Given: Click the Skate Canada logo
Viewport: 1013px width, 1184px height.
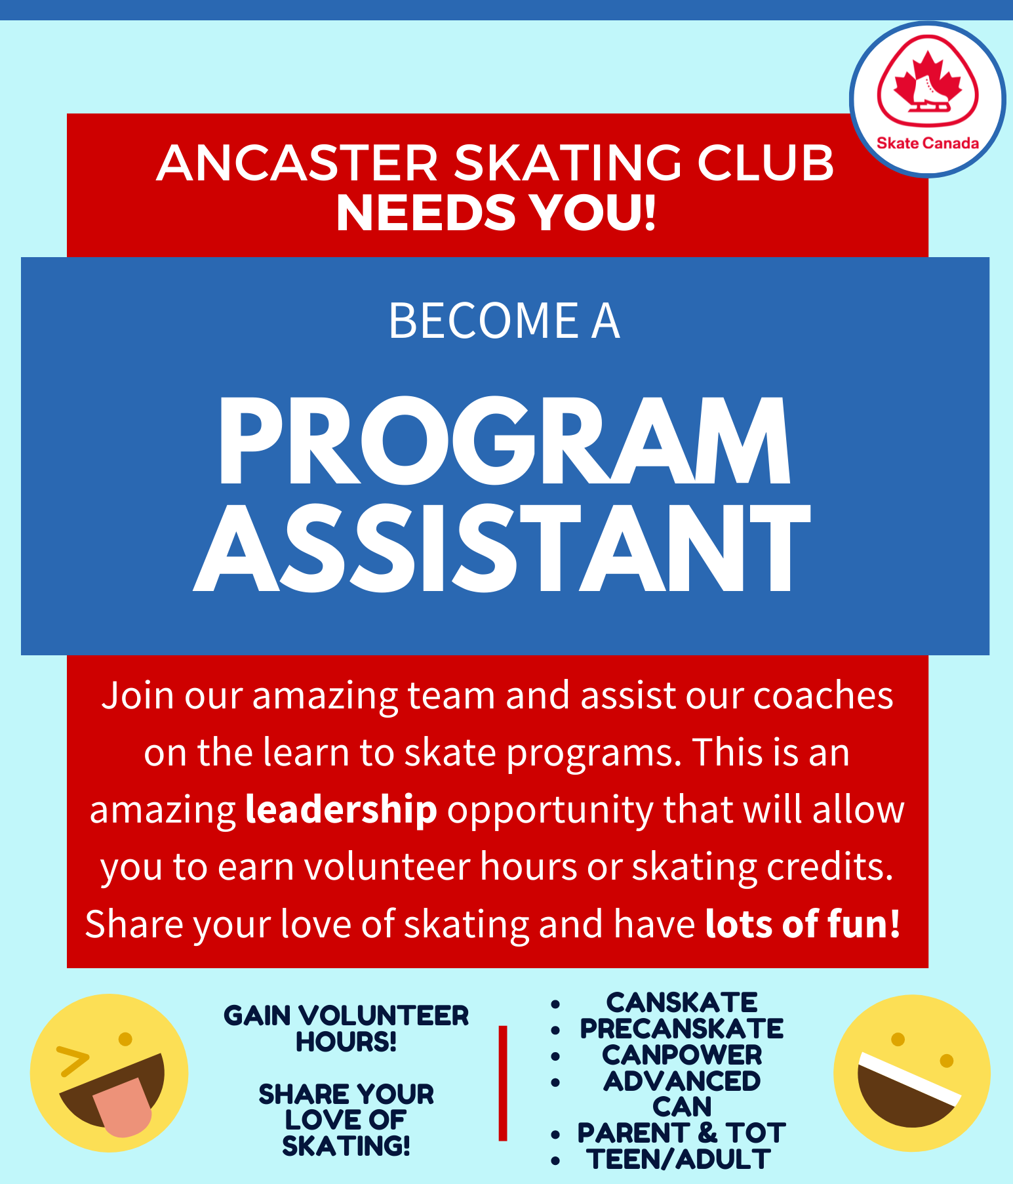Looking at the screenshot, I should (x=927, y=100).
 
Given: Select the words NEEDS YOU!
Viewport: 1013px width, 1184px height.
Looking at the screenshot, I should (x=496, y=213).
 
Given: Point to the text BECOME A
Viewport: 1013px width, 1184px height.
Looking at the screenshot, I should (x=504, y=321).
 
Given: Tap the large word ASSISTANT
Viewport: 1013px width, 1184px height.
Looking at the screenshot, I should (x=502, y=549).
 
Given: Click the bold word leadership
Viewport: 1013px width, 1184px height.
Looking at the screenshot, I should (x=341, y=809).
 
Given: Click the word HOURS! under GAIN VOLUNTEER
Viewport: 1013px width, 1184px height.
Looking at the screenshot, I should (x=346, y=1042).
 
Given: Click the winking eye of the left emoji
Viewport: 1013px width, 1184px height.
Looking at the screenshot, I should (x=73, y=1061).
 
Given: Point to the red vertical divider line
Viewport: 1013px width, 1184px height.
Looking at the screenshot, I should (x=503, y=1083).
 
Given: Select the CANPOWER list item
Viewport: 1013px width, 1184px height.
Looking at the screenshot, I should (x=682, y=1055).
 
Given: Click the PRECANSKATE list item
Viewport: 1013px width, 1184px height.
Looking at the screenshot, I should (x=682, y=1029).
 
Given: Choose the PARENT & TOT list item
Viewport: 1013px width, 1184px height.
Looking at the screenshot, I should (x=682, y=1133).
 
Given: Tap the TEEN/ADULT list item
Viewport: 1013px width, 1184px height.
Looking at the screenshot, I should (x=679, y=1160).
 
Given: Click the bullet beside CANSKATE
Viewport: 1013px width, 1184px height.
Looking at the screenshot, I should (x=555, y=1004).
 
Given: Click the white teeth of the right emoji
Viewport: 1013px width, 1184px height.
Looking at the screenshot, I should (x=908, y=1076).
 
